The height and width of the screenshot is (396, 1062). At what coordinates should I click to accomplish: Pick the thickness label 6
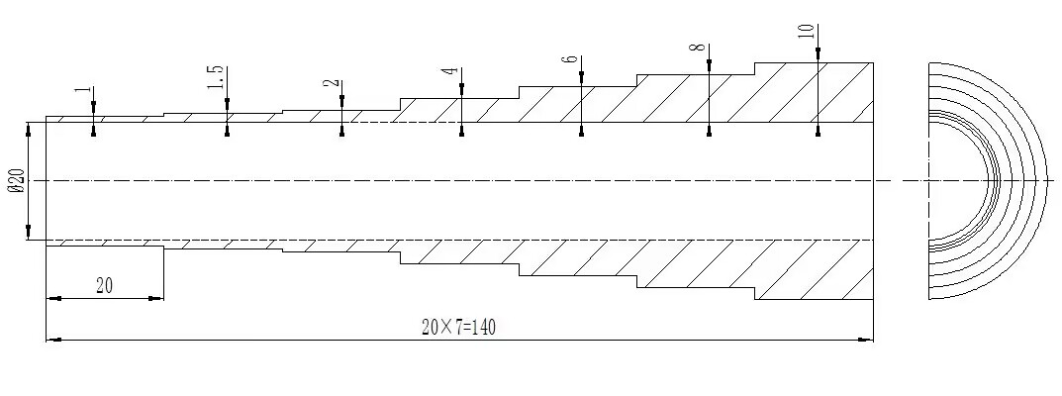[570, 59]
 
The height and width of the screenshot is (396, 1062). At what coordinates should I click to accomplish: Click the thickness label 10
[807, 31]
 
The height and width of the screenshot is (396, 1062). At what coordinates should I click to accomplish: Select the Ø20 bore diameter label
[18, 181]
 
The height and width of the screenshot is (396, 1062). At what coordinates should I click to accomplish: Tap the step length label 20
[104, 286]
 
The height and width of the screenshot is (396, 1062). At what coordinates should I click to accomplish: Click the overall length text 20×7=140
[458, 328]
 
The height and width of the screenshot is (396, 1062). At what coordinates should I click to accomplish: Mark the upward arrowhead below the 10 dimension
[819, 130]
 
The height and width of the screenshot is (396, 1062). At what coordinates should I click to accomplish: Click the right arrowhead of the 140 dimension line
[866, 340]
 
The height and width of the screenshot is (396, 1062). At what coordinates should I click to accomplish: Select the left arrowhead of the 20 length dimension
[53, 298]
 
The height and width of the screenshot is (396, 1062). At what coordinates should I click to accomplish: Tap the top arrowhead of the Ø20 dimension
[29, 130]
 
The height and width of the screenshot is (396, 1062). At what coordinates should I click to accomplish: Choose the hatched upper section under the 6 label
[578, 104]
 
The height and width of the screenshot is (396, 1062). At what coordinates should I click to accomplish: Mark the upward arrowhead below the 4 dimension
[461, 130]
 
